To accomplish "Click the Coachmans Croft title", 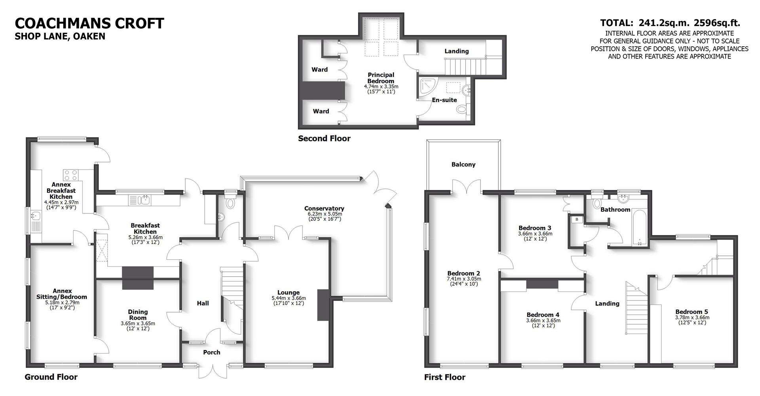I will [x=89, y=23].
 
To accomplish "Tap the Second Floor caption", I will [x=324, y=138].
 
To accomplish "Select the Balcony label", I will [x=463, y=164].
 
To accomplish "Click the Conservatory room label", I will [x=324, y=208].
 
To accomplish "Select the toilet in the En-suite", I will [x=462, y=109].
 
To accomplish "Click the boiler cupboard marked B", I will [x=577, y=219].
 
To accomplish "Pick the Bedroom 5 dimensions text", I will [x=692, y=320].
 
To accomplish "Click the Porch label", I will [x=211, y=352].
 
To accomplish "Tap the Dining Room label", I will [x=138, y=315].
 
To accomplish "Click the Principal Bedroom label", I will [x=381, y=78].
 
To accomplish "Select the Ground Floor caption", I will [x=51, y=377].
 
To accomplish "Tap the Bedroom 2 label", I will [x=464, y=273].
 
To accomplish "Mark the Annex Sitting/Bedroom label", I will [x=61, y=294].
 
